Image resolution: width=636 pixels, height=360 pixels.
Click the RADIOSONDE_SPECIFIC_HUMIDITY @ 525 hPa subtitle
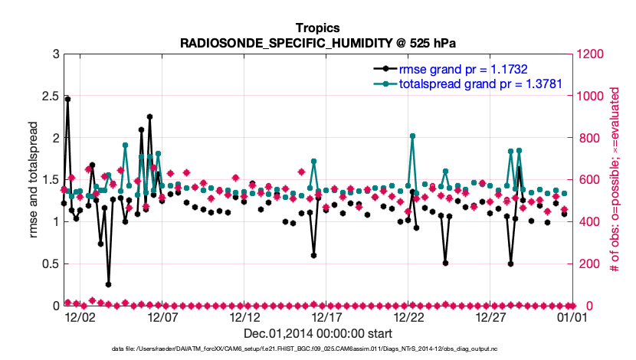pos(317,42)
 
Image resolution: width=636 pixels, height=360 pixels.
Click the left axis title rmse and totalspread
pos(33,180)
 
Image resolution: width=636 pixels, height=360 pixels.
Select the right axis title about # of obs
pos(615,180)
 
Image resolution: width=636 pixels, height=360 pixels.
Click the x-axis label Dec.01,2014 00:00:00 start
pos(317,334)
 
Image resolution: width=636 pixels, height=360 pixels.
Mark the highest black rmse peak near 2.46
pos(67,99)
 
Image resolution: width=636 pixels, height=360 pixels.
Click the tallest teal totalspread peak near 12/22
pos(412,136)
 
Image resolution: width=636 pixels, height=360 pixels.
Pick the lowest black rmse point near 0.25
pos(109,284)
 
